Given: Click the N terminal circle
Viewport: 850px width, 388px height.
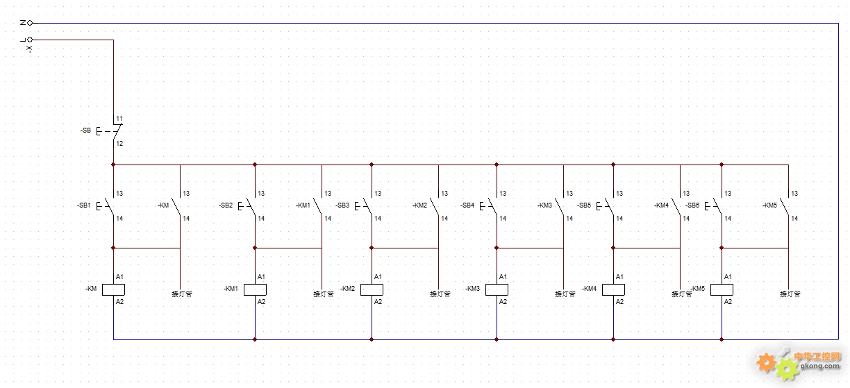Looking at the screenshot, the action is point(30,23).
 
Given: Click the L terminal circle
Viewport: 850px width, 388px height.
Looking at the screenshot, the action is point(30,40).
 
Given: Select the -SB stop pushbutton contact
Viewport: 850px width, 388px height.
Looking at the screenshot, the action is point(110,131).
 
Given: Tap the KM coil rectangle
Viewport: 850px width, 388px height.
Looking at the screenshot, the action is point(113,289).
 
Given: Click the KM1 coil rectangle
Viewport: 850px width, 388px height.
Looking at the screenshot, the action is point(255,289).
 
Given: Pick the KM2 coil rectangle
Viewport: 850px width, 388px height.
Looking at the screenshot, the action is point(372,289).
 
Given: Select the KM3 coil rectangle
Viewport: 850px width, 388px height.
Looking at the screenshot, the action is point(497,289).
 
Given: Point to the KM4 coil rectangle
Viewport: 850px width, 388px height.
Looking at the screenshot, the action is point(613,289).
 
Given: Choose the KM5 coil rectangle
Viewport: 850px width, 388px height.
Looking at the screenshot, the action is point(722,289).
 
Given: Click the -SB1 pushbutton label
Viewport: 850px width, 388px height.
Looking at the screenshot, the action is point(84,205).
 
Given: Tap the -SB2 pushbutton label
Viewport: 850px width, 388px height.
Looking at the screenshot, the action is point(226,205).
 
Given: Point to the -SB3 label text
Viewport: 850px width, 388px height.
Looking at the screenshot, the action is point(342,205).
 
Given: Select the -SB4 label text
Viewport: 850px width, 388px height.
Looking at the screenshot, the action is point(467,205).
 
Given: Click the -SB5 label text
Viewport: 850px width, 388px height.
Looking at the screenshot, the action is point(584,205).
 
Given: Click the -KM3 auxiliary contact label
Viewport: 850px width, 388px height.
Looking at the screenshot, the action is point(544,205).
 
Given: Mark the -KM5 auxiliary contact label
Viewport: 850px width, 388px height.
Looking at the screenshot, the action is point(769,205).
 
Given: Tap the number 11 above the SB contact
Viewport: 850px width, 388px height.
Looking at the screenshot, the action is point(119,119).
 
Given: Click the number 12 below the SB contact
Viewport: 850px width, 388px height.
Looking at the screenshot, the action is point(119,144).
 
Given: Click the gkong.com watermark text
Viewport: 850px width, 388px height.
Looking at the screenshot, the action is point(820,366).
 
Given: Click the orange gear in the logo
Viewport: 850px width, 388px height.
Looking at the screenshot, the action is point(766,362).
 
